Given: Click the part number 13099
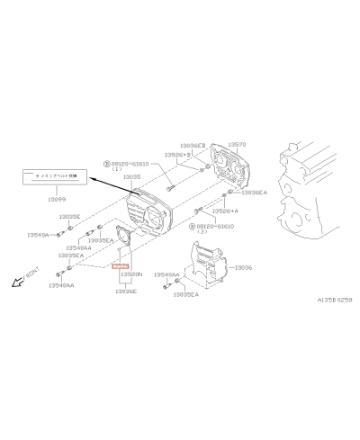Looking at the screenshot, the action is point(56,198).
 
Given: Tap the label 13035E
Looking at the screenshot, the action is point(70,217).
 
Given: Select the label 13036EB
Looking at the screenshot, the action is point(192,144).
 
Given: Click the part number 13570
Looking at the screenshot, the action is point(237,143).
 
